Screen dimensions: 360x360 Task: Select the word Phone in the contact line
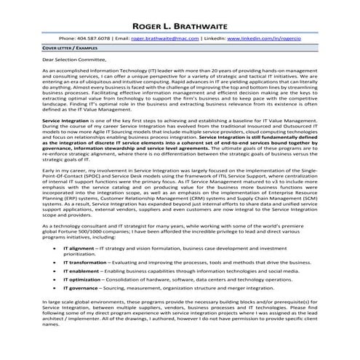(x=67, y=36)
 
